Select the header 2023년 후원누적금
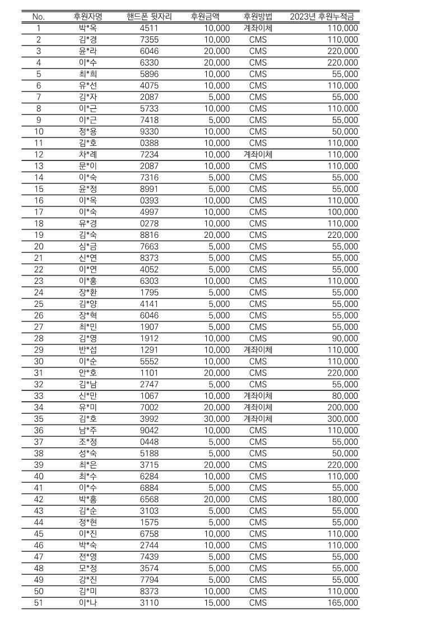pos(323,16)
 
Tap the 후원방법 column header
pos(258,16)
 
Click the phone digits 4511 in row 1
pos(149,28)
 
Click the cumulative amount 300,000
pos(343,419)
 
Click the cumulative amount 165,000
pos(343,603)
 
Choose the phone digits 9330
pos(149,131)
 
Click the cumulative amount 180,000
pos(343,499)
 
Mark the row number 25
pos(38,304)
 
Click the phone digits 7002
pos(149,407)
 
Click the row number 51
pos(38,603)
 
